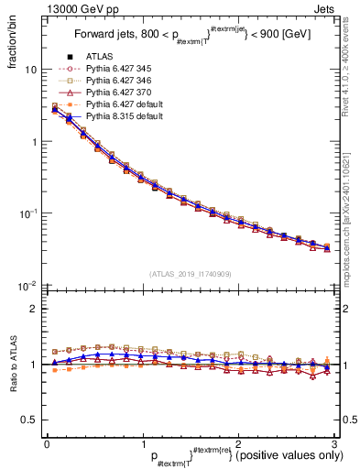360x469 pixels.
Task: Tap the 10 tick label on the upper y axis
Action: click(29, 70)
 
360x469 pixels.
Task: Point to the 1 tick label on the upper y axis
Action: click(33, 142)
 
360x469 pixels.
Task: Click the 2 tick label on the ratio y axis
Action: click(33, 310)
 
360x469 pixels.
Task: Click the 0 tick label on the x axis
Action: click(47, 443)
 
